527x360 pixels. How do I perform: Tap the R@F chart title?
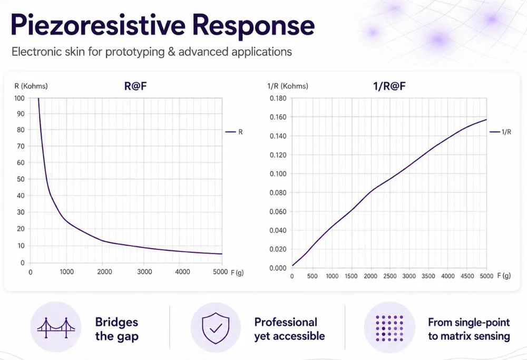pos(135,86)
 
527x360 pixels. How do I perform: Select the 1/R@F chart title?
pos(389,86)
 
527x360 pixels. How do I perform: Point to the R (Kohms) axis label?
pos(31,86)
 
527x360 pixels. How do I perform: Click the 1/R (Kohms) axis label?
pos(288,86)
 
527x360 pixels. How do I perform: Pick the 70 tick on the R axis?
pos(21,146)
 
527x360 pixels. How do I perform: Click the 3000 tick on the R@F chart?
pos(144,271)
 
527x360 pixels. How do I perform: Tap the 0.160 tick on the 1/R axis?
pos(278,117)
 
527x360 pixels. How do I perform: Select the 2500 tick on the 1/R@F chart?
pos(390,276)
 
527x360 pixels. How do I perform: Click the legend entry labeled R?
pos(234,132)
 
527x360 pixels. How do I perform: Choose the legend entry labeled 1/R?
pos(501,132)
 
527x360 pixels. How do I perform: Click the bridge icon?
pos(56,327)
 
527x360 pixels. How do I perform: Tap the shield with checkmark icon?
pos(216,328)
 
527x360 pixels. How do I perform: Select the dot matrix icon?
pos(389,328)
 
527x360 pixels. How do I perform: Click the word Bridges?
pos(116,322)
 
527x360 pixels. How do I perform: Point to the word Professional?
pos(286,322)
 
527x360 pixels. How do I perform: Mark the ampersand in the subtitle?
pos(171,52)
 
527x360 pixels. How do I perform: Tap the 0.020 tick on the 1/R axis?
pos(278,249)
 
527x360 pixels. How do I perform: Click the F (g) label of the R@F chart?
pos(237,273)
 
